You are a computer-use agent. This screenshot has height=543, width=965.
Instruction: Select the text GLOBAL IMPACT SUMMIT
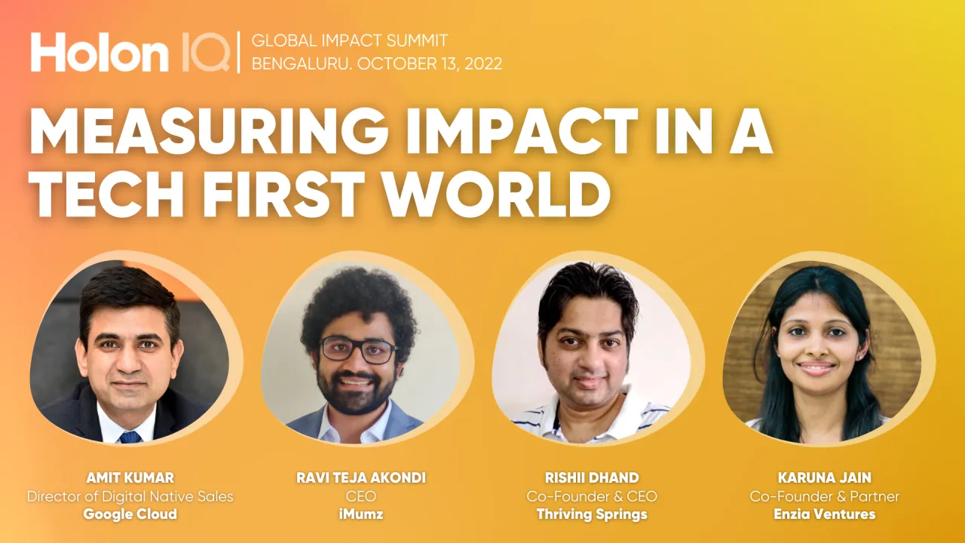click(x=350, y=41)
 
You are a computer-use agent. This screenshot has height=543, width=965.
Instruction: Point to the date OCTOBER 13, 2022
click(x=430, y=63)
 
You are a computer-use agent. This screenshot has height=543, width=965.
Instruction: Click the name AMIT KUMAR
click(x=130, y=477)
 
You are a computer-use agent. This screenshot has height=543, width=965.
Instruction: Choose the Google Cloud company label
click(x=130, y=514)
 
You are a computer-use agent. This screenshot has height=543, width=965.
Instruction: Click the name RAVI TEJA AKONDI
click(x=361, y=477)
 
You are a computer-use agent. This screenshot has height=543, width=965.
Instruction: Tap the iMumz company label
click(x=361, y=514)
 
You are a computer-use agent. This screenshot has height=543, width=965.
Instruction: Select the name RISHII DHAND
click(x=592, y=477)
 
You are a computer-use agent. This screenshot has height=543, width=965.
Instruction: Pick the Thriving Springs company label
click(x=592, y=514)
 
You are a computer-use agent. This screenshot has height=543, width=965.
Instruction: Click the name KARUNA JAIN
click(x=824, y=477)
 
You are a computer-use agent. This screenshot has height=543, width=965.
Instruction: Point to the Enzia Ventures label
click(x=824, y=514)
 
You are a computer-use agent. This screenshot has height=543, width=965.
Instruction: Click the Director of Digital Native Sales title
click(x=130, y=496)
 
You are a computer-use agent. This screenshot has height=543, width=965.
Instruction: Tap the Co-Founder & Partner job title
click(x=824, y=496)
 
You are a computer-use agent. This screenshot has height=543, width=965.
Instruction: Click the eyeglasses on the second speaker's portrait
click(x=359, y=350)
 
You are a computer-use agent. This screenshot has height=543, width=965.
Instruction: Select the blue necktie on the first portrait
click(x=130, y=436)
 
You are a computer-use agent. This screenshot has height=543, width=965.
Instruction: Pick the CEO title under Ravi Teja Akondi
click(x=361, y=496)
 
